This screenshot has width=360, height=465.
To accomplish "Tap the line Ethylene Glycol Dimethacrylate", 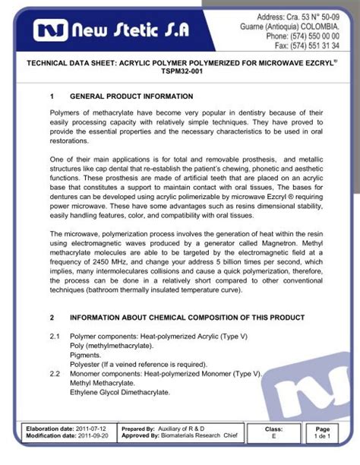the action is pos(120,394).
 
